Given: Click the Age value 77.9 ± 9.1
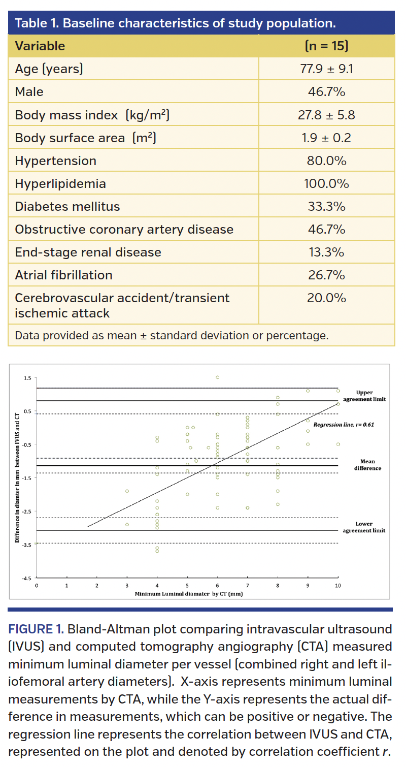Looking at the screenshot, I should click(x=326, y=69).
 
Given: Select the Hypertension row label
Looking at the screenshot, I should click(x=56, y=161).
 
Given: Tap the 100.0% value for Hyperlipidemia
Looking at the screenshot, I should click(x=326, y=184).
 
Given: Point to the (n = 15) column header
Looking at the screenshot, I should click(x=326, y=46).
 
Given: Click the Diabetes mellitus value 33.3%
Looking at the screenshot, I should click(x=326, y=207).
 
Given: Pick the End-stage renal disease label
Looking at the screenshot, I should click(x=88, y=252).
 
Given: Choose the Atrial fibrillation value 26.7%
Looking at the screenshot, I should click(x=326, y=275).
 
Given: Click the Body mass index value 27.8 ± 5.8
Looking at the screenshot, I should click(x=326, y=115).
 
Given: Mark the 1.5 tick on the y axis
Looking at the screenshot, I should click(x=27, y=378).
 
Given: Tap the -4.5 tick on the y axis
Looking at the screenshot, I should click(x=26, y=578).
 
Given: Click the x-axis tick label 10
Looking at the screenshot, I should click(x=338, y=585).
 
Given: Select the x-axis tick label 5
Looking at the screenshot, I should click(x=187, y=585).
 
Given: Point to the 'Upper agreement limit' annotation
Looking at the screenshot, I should click(x=364, y=396).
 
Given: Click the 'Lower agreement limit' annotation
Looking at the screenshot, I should click(x=364, y=527).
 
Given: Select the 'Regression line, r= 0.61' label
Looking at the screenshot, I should click(x=344, y=424).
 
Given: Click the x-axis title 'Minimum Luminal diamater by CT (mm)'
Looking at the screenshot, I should click(x=188, y=593).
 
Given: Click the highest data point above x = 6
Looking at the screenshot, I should click(x=217, y=377).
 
